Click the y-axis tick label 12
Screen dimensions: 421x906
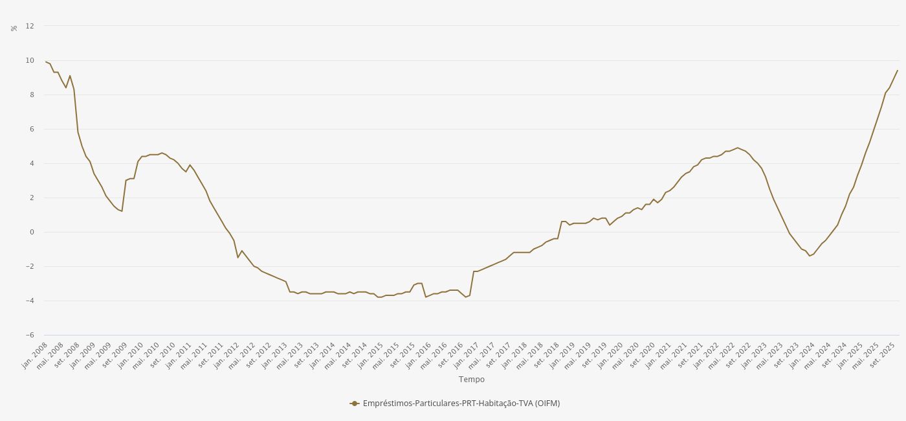click(30, 26)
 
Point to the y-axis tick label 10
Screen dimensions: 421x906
click(30, 60)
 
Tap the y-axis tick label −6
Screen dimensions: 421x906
click(30, 335)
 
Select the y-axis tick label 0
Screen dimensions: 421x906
click(31, 232)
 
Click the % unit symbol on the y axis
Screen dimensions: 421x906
click(14, 28)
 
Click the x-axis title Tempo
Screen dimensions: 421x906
click(471, 380)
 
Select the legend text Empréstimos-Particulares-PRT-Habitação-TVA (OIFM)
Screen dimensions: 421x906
click(461, 404)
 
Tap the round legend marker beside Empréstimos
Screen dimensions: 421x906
click(354, 404)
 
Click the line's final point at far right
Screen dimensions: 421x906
click(898, 70)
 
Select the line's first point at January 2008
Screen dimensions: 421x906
click(45, 62)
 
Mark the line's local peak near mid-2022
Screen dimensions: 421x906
click(737, 148)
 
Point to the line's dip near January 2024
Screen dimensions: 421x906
click(810, 256)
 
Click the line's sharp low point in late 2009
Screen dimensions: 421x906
click(122, 211)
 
